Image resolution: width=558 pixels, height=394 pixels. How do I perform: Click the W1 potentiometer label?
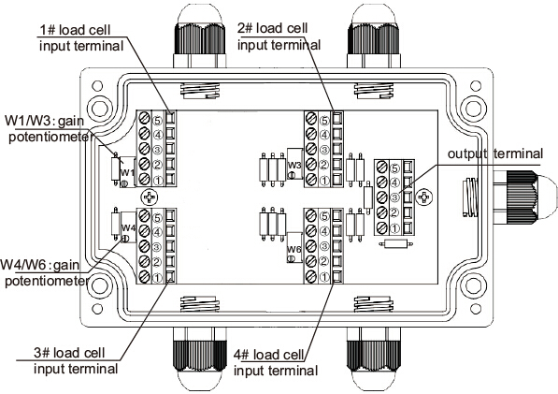pos(127,173)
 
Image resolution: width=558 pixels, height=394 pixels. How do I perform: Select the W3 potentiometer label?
pos(294,165)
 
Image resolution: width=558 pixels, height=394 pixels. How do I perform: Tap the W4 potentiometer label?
pos(128,227)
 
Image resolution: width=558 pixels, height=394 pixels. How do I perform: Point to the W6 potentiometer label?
pos(294,249)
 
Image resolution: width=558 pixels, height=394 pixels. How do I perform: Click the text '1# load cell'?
pos(75,30)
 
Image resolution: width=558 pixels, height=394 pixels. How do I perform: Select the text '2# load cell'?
pos(273,28)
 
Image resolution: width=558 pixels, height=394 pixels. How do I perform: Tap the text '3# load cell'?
pos(69,353)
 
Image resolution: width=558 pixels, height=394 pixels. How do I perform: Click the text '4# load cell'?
pos(268,355)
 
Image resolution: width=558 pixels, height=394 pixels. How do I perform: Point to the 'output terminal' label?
pos(495,153)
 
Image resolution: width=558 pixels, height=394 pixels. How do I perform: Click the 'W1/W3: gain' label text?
pos(45,121)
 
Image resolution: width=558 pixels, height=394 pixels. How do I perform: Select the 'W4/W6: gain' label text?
pos(40,266)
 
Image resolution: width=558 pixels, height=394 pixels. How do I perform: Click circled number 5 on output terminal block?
pos(394,168)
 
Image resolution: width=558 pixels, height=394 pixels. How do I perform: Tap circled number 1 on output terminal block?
pos(394,228)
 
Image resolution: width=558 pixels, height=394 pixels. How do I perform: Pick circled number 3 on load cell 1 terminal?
pos(157,150)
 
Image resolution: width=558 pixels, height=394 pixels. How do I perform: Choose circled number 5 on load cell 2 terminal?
pos(324,121)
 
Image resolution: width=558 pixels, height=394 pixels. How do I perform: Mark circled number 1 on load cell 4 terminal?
pos(324,277)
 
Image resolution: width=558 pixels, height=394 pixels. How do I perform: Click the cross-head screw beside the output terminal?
pos(424,197)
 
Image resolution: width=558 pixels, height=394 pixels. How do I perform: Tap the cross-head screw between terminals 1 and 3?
pos(150,197)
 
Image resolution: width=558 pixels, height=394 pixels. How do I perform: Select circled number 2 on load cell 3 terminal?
pos(157,263)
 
